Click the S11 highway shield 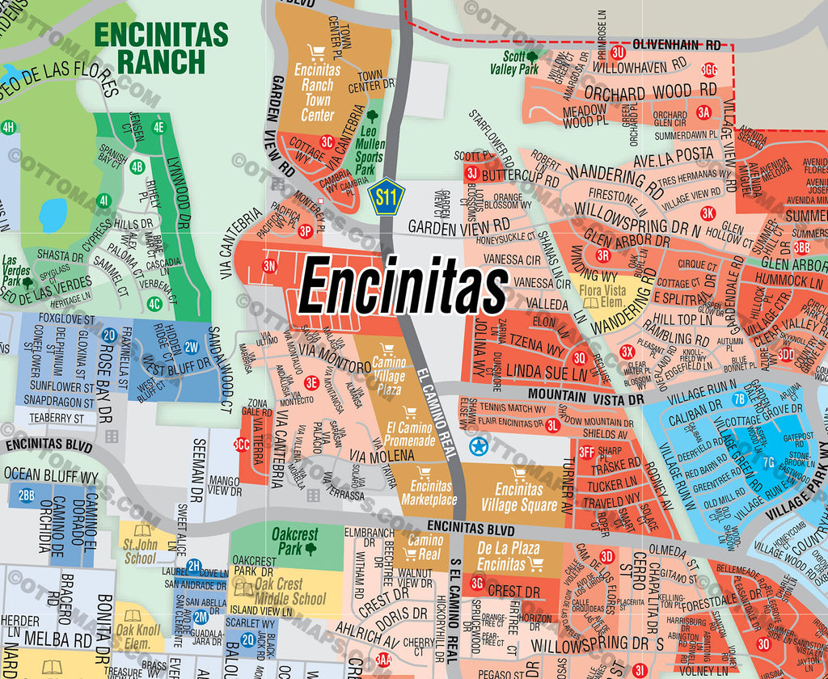click(x=387, y=196)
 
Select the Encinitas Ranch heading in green click(x=161, y=48)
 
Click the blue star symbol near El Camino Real click(x=478, y=445)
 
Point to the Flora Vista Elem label click(x=602, y=295)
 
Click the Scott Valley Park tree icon click(x=532, y=57)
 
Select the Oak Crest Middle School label click(x=278, y=592)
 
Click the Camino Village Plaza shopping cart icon click(x=387, y=350)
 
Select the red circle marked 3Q click(x=579, y=358)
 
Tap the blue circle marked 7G click(x=768, y=462)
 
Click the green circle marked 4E click(x=158, y=126)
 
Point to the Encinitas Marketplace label click(x=430, y=492)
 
